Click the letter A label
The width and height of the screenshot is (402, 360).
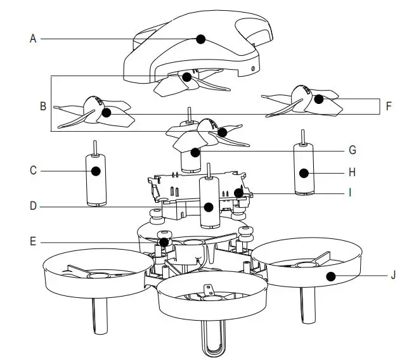click(33, 39)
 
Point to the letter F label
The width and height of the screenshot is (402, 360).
click(389, 106)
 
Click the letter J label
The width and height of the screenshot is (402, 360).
click(393, 276)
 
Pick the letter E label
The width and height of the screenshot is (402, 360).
click(33, 241)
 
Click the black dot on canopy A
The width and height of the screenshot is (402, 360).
click(201, 39)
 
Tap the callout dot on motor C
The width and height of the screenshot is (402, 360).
click(96, 170)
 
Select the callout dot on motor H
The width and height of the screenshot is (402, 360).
click(304, 172)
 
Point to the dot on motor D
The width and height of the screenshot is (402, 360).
click(209, 206)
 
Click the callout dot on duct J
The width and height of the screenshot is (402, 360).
click(330, 276)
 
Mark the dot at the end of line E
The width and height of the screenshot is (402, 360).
click(164, 241)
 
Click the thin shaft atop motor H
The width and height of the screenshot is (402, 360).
click(304, 136)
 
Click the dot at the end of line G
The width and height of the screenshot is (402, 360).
click(196, 151)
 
